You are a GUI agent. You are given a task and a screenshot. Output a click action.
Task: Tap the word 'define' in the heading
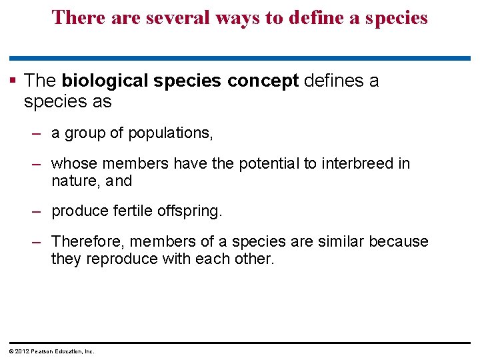pos(305,17)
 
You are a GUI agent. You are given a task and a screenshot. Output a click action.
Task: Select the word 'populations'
pos(170,133)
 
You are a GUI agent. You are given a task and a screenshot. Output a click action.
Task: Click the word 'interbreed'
pos(356,163)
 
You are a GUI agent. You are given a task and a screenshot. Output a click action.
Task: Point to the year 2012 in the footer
pos(19,351)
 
